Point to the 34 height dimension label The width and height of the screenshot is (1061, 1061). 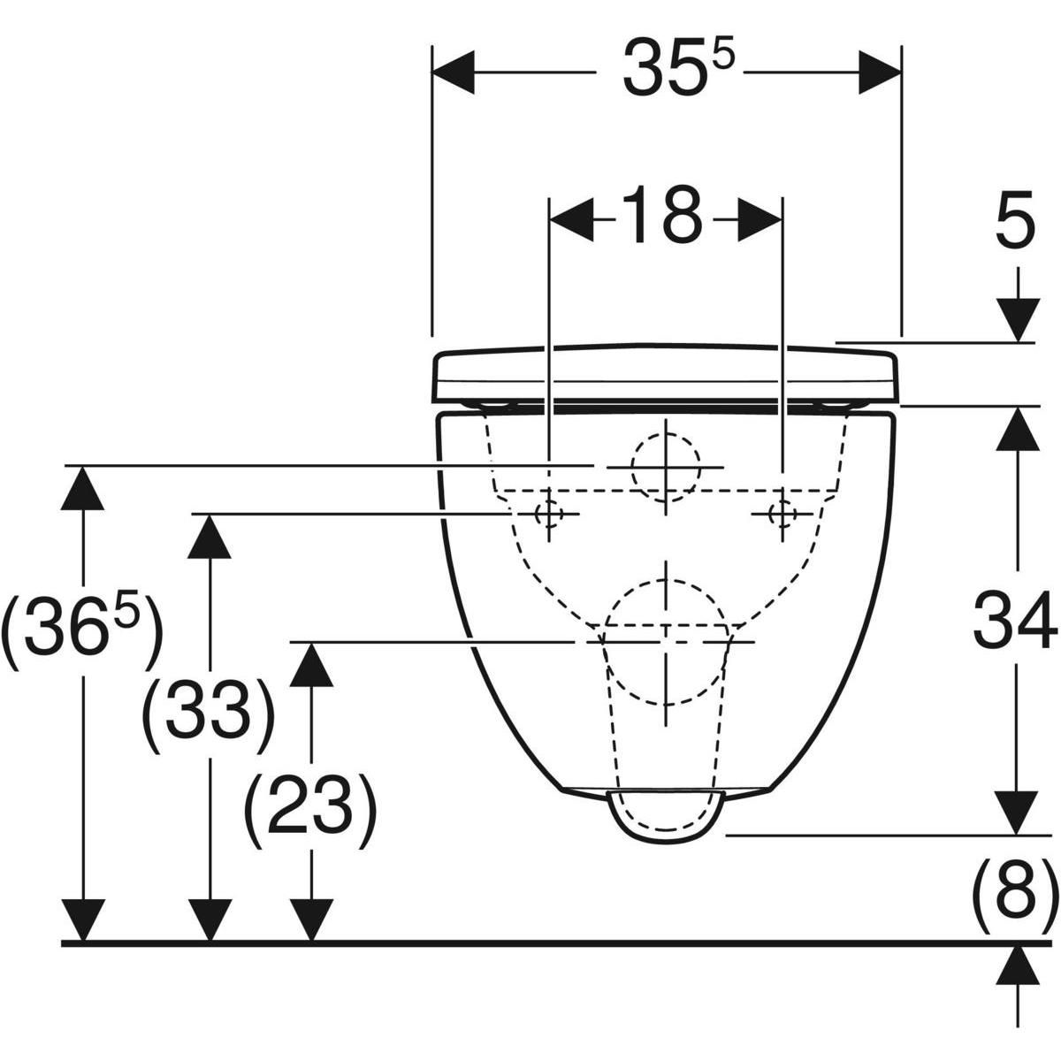(x=1015, y=620)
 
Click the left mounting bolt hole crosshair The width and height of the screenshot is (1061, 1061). (x=548, y=514)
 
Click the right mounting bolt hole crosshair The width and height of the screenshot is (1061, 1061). (x=782, y=514)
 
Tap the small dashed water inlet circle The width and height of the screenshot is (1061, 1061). (x=667, y=468)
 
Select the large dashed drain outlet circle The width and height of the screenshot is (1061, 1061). (x=666, y=642)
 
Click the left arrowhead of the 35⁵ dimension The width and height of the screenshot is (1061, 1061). (x=454, y=73)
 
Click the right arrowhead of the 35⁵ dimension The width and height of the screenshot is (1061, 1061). (x=881, y=73)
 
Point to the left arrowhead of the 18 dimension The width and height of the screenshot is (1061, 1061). (x=571, y=219)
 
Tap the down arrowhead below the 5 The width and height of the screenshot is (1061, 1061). (x=1018, y=320)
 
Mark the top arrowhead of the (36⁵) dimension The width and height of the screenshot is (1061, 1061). (x=82, y=488)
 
